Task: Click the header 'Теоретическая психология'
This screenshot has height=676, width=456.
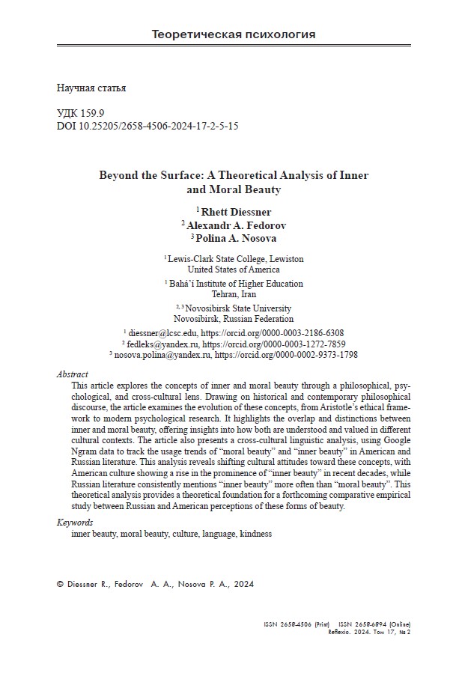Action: (x=233, y=34)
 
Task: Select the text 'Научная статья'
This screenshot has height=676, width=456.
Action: (x=91, y=88)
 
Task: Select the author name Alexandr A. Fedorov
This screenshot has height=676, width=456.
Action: (x=236, y=225)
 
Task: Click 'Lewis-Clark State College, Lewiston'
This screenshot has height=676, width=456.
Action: (x=236, y=258)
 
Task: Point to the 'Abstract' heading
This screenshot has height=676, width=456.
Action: (x=73, y=374)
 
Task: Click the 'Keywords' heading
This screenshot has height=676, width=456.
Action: (x=75, y=523)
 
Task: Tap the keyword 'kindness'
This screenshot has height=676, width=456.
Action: (x=255, y=534)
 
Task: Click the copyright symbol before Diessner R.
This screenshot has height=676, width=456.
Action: (x=61, y=585)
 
